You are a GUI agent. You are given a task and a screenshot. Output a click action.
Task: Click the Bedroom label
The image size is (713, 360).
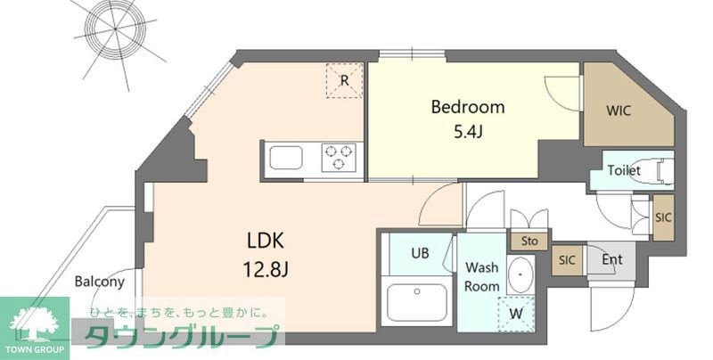(x=467, y=107)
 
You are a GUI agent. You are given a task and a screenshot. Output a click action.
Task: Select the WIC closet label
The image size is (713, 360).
(x=620, y=111)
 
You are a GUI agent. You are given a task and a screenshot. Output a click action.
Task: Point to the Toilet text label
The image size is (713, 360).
(x=624, y=170)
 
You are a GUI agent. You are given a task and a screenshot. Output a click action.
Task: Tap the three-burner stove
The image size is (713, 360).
(x=340, y=158)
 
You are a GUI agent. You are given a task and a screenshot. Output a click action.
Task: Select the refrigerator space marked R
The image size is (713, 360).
(x=344, y=81)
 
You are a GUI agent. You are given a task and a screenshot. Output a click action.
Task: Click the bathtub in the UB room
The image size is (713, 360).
(x=417, y=302)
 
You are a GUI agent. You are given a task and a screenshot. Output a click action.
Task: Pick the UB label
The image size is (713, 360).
(x=420, y=253)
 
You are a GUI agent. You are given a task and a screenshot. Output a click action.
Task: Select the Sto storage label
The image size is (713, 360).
(x=529, y=241)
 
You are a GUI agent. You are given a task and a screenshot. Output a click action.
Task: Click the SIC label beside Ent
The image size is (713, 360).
(x=567, y=260)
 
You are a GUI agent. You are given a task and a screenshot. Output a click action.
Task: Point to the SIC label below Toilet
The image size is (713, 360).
(x=663, y=217)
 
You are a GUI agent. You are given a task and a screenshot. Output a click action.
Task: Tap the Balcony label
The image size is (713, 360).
(x=99, y=282)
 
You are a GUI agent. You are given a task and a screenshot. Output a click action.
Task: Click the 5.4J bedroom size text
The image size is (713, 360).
(x=467, y=133)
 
